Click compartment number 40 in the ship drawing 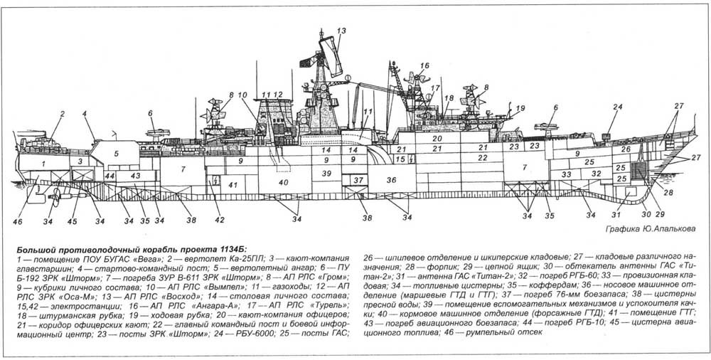[284, 183]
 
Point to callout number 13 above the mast [341, 31]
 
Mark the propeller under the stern [54, 198]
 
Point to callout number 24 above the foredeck [616, 107]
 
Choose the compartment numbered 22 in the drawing [482, 157]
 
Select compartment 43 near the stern [135, 175]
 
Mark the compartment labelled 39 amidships [326, 174]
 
